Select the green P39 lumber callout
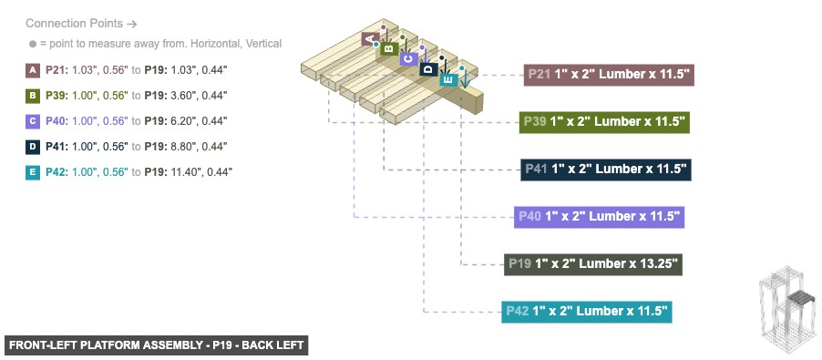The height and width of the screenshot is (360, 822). [x=603, y=121]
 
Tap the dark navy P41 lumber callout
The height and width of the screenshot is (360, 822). [x=606, y=169]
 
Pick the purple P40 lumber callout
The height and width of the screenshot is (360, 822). [x=599, y=216]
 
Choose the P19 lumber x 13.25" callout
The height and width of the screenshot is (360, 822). [x=593, y=264]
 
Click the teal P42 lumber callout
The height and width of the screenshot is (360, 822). [x=587, y=311]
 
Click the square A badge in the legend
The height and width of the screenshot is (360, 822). [x=34, y=69]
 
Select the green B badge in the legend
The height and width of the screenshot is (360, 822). [x=34, y=95]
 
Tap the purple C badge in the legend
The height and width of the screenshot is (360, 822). [x=34, y=120]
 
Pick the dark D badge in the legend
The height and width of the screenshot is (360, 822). [x=34, y=146]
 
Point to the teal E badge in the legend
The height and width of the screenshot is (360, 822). [x=34, y=171]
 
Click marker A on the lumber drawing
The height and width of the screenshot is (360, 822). [x=370, y=39]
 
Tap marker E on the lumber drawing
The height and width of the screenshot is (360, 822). [x=447, y=78]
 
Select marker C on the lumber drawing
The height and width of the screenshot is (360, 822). [x=407, y=58]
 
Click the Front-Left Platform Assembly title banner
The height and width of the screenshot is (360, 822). [x=156, y=345]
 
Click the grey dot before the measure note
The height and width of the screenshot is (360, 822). [x=32, y=44]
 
